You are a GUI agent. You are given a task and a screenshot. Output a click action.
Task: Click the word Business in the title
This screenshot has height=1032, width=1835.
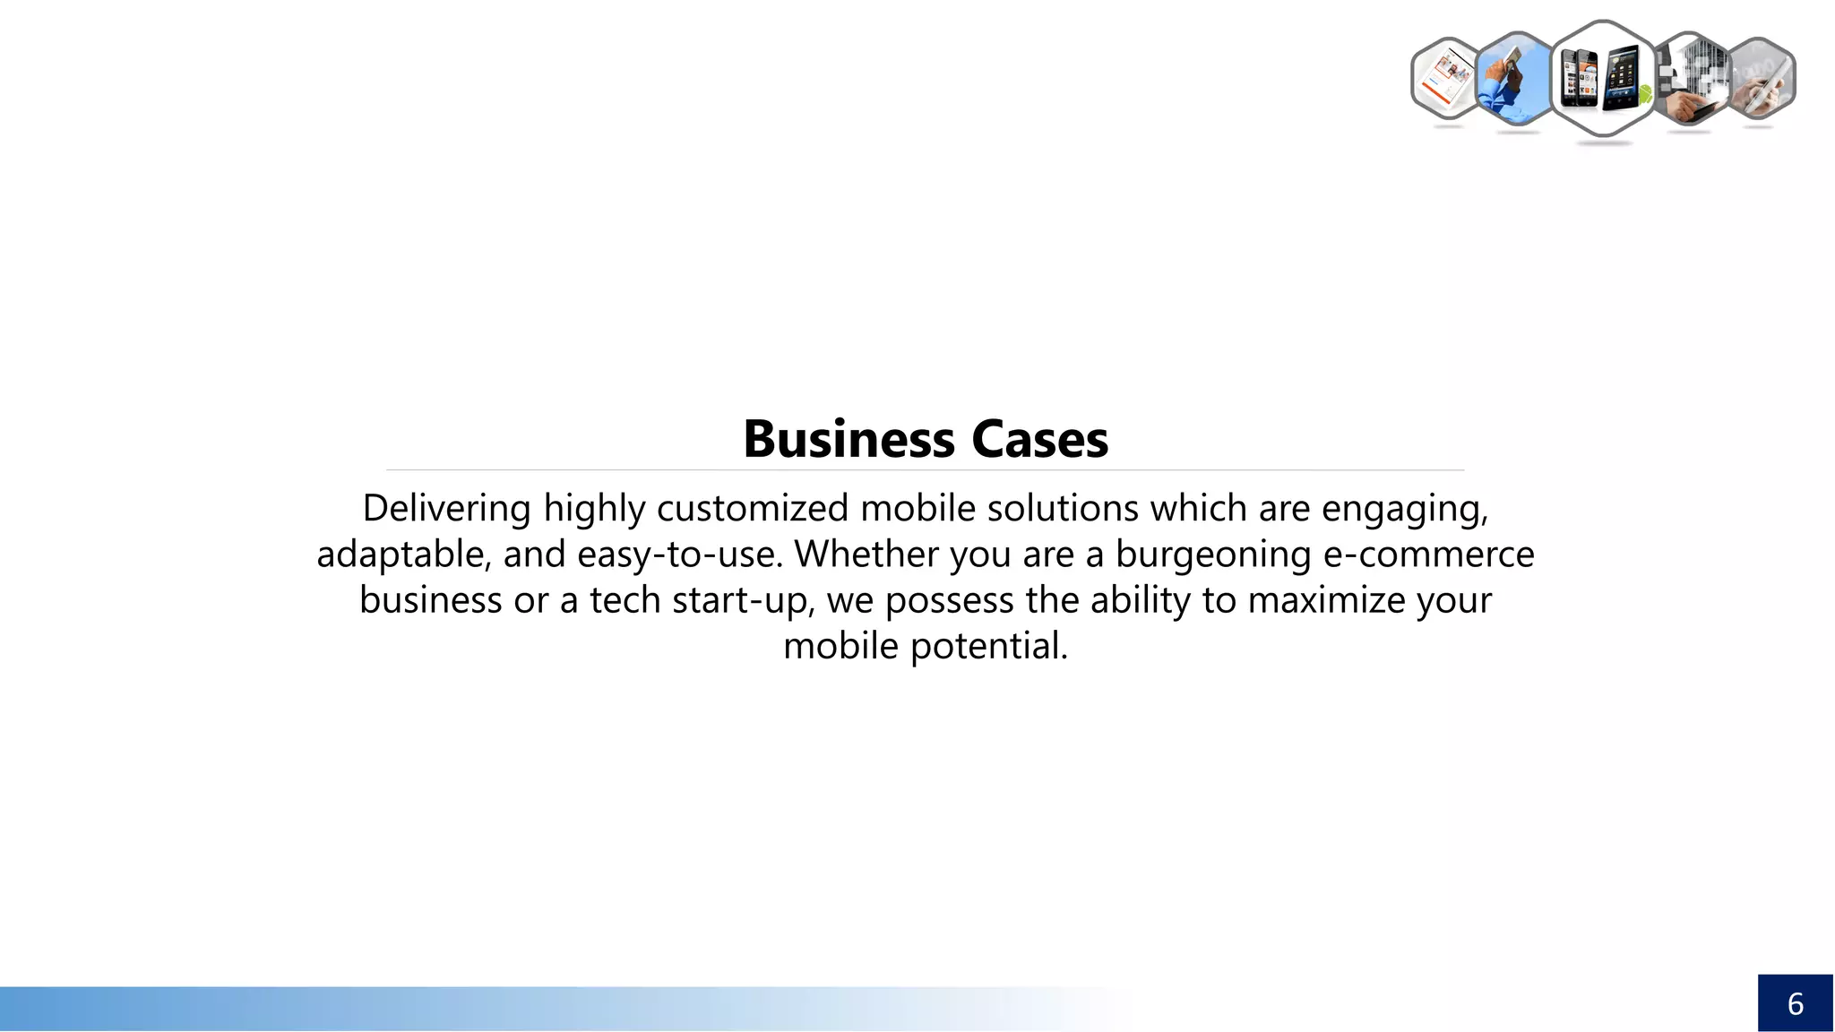[849, 439]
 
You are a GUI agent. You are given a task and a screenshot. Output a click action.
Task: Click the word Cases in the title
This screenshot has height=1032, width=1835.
[1039, 439]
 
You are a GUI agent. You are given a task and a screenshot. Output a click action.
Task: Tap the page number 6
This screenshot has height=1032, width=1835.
[1795, 1003]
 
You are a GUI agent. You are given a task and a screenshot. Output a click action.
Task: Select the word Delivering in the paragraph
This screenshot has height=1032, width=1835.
[446, 508]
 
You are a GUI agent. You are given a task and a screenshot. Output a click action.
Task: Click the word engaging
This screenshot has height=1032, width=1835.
[1404, 509]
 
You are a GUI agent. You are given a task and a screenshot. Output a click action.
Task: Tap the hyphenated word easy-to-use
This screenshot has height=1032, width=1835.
[680, 555]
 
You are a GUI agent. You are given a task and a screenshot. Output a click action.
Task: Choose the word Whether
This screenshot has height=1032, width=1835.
[866, 554]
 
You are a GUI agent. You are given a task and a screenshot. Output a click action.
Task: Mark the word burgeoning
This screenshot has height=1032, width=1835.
[1213, 555]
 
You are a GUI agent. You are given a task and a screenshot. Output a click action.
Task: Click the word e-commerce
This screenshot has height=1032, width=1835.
[1428, 554]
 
